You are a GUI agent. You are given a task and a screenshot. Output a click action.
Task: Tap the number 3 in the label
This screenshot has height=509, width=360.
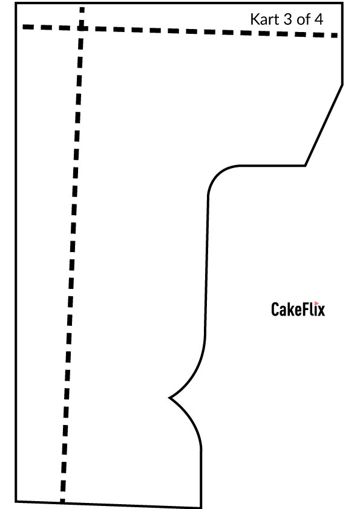click(288, 19)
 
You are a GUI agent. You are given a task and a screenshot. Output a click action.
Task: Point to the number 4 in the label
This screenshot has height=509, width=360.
click(319, 19)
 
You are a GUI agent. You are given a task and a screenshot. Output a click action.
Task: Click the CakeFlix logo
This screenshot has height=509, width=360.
click(298, 309)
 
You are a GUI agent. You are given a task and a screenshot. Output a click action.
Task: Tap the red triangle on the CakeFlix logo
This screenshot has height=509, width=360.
click(316, 303)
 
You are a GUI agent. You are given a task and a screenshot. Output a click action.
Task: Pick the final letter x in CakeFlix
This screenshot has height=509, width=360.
click(321, 311)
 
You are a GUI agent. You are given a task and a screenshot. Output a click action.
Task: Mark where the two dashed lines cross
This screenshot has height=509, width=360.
click(81, 28)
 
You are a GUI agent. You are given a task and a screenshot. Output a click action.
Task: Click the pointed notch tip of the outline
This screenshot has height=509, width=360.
click(169, 397)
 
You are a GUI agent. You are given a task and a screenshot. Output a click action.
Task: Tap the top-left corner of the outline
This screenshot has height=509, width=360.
click(16, 3)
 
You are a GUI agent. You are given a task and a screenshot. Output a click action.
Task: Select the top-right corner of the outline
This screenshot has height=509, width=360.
click(342, 3)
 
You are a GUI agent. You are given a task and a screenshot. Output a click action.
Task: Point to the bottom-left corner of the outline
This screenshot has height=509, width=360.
click(16, 502)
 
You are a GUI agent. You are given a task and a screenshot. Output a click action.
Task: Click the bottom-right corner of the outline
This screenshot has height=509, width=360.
click(201, 508)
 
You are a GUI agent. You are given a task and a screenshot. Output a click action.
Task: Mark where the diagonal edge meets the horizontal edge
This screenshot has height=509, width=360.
click(305, 166)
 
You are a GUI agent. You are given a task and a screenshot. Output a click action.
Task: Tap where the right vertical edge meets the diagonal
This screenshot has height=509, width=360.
click(342, 85)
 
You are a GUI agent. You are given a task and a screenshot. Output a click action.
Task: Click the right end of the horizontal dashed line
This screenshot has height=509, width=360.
click(338, 36)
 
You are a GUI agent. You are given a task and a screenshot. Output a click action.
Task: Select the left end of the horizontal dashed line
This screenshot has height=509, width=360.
click(23, 27)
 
